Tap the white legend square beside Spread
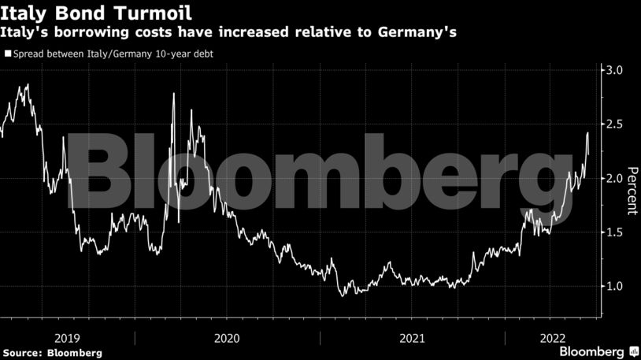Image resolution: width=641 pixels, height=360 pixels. tap(7, 54)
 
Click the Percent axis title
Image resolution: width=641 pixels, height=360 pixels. tap(631, 192)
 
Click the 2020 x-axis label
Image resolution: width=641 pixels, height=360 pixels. tap(227, 338)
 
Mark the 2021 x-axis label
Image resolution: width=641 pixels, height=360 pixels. tap(412, 338)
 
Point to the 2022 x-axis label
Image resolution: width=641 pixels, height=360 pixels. tap(551, 338)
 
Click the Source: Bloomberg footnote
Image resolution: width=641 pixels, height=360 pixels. tap(52, 353)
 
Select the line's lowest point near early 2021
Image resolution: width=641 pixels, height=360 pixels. tap(342, 296)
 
